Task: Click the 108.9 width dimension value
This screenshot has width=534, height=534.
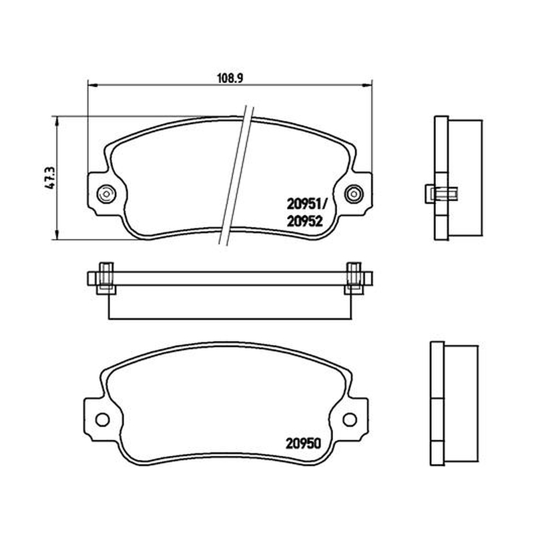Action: [x=230, y=78]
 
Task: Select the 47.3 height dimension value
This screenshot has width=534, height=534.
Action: [x=50, y=178]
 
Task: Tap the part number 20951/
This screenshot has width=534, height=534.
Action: [x=306, y=204]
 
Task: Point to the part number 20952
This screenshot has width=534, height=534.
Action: [x=304, y=222]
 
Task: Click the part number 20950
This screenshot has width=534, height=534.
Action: [x=303, y=443]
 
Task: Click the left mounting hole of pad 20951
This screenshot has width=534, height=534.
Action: [x=106, y=194]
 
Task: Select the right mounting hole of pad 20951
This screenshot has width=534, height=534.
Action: [x=354, y=194]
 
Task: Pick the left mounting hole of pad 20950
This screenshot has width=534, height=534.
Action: [x=103, y=420]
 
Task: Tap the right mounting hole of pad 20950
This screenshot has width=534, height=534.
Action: [x=350, y=420]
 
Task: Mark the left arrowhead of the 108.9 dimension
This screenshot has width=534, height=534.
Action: [x=93, y=85]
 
